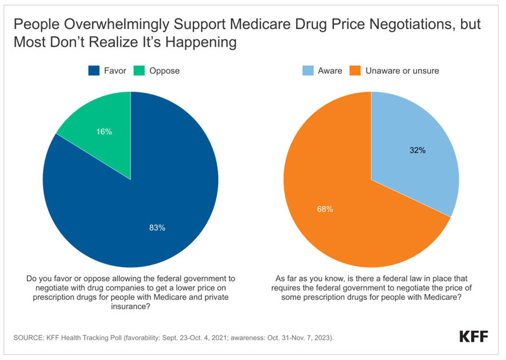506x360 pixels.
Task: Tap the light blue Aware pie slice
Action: tap(416, 152)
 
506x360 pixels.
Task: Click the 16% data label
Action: tap(104, 132)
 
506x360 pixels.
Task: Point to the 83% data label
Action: tap(157, 228)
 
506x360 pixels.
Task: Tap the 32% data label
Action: tap(417, 151)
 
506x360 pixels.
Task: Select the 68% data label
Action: tap(324, 209)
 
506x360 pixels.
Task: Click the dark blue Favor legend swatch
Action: tap(94, 71)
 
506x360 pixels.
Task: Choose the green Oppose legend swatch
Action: tap(139, 71)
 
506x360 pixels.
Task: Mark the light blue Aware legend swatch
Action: tap(308, 71)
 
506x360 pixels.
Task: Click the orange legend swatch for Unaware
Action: tap(355, 71)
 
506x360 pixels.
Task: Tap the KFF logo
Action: tap(474, 337)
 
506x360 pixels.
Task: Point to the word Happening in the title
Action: tap(201, 42)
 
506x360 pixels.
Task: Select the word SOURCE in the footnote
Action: tap(28, 338)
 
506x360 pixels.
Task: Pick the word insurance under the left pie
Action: tap(128, 306)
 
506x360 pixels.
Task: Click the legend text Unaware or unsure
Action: tap(402, 71)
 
